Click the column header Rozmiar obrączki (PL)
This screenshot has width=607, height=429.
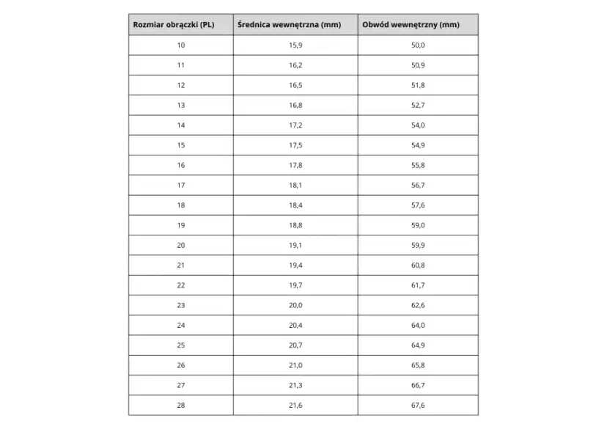[x=174, y=25]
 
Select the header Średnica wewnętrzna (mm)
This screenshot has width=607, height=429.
[x=290, y=25]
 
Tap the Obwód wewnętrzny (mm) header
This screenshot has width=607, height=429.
[x=411, y=25]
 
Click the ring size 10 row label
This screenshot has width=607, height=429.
[x=181, y=45]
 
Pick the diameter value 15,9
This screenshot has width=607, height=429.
[x=295, y=45]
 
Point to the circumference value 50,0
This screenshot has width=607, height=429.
[x=418, y=45]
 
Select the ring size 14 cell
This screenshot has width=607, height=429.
[x=181, y=125]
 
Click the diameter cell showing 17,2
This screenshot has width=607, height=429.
[x=295, y=125]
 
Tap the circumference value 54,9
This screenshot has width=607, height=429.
[x=418, y=145]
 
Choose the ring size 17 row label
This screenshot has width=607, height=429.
[x=181, y=185]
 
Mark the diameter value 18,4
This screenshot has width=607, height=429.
[x=295, y=205]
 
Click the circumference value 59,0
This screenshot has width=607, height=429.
[x=418, y=225]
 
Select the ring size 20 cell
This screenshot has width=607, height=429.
[x=181, y=245]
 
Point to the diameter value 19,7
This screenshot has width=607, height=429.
[x=295, y=285]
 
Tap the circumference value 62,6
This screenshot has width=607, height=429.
[x=418, y=305]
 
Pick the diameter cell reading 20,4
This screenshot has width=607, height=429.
[x=295, y=325]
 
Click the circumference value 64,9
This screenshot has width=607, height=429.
[x=418, y=345]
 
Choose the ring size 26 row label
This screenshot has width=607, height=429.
[x=181, y=365]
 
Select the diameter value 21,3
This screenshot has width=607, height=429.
[x=295, y=385]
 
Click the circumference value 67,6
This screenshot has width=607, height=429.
[x=418, y=405]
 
